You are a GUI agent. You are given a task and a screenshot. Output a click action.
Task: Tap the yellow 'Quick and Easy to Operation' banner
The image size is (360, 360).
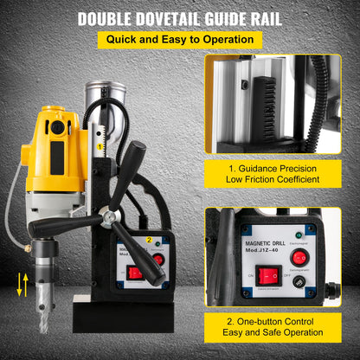click(x=179, y=39)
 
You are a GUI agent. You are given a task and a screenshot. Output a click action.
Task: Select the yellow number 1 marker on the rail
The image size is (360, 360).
click(x=101, y=147)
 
